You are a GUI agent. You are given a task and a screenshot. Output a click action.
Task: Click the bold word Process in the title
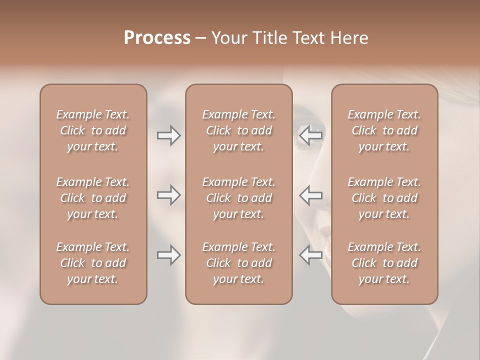click(157, 38)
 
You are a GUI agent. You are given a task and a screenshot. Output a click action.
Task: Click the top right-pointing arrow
click(169, 135)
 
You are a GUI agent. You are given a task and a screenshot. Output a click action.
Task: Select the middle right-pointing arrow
click(169, 195)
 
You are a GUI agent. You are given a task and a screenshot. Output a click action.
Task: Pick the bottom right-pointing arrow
click(169, 255)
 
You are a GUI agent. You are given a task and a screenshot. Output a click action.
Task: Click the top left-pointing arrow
click(310, 135)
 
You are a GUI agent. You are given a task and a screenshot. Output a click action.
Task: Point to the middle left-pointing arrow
click(310, 195)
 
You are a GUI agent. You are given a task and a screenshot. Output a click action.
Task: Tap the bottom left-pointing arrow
click(310, 255)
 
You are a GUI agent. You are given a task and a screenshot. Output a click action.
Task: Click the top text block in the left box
click(93, 130)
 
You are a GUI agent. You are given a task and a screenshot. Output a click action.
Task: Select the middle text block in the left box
click(93, 198)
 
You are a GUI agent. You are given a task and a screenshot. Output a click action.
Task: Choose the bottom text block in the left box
click(93, 263)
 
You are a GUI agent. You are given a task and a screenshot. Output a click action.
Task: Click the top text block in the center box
click(238, 130)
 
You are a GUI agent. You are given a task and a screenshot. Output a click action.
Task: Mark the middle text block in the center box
click(238, 198)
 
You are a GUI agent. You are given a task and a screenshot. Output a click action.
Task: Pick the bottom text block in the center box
click(238, 263)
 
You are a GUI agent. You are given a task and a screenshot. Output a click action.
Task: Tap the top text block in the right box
click(384, 130)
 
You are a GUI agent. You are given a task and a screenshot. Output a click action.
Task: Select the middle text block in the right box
click(384, 198)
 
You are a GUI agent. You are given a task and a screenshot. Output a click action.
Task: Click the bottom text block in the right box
click(384, 263)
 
